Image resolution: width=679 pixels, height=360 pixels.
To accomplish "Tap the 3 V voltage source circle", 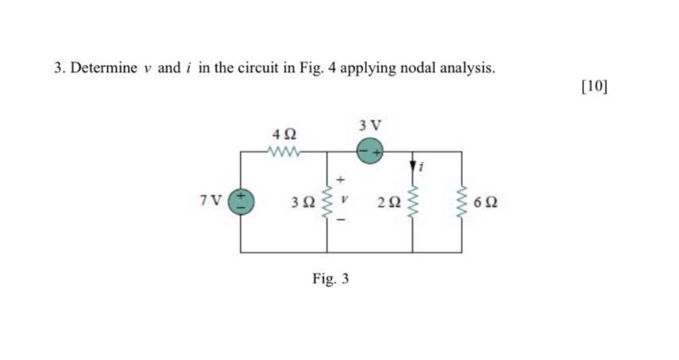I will coord(370,151).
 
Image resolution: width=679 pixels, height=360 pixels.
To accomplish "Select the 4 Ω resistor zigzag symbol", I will coord(284,151).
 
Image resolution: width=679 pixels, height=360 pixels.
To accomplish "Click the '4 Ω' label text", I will coord(283,135).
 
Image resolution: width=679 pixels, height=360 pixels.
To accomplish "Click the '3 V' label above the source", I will coord(370,125).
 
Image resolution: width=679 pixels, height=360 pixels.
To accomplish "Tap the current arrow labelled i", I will coord(414,166).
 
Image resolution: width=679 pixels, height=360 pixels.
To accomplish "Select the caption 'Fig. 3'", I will coord(331,278).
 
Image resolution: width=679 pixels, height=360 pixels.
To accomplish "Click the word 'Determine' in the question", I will coord(104,68).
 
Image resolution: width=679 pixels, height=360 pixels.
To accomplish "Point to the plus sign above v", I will coord(339,180).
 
